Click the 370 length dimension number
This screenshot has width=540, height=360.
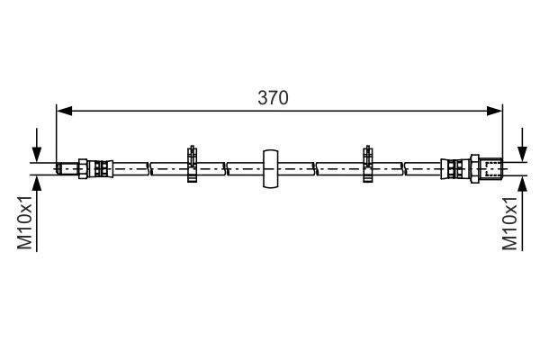tap(273, 98)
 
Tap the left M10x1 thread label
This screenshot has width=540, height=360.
tap(25, 222)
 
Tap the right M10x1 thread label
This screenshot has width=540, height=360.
tap(509, 223)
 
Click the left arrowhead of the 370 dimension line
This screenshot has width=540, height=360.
tap(65, 111)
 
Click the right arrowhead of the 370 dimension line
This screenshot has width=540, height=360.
tap(494, 111)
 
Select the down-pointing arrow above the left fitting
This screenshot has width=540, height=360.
tap(37, 145)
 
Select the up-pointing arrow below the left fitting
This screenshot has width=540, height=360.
tap(37, 213)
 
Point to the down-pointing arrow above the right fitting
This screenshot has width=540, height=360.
tap(522, 145)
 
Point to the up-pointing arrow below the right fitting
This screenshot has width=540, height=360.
tap(522, 213)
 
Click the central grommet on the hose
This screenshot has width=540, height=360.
tap(271, 169)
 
